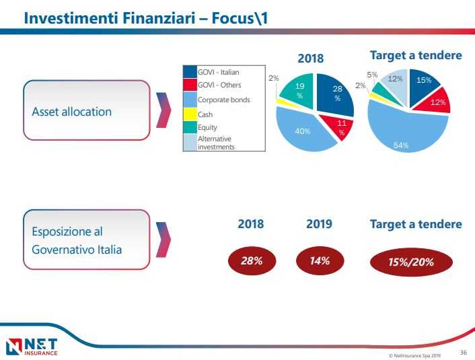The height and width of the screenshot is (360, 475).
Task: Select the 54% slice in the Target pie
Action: click(x=404, y=132)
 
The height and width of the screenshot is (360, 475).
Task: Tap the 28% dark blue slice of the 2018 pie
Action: click(x=336, y=94)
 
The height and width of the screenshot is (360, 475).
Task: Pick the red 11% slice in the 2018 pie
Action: click(x=338, y=127)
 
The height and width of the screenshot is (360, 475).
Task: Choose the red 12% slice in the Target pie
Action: click(x=437, y=102)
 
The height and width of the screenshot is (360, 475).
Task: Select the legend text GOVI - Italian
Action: click(x=219, y=72)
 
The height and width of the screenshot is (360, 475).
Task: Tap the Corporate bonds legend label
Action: click(x=224, y=100)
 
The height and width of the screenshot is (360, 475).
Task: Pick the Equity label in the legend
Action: click(x=208, y=127)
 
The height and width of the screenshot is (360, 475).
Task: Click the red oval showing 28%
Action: click(x=251, y=261)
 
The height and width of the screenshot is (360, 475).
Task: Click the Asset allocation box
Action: click(x=85, y=111)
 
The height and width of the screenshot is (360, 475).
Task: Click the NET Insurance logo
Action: click(x=32, y=346)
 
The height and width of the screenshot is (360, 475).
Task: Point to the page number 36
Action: click(x=463, y=351)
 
